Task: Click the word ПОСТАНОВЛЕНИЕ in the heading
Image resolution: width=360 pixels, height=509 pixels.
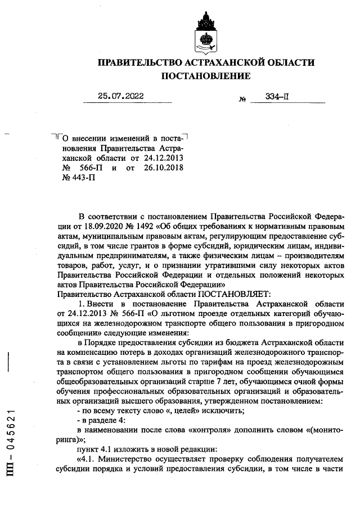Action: point(206,75)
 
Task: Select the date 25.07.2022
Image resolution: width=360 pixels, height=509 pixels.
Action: point(120,96)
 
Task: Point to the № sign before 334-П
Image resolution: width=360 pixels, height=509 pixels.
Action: point(243,98)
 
